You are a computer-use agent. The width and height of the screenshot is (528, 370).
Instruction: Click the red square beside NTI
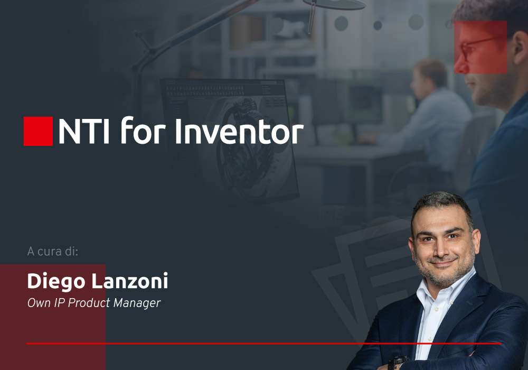click(38, 131)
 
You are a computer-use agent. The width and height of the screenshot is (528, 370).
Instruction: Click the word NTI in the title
click(83, 131)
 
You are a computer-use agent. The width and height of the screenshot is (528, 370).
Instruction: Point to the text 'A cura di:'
click(52, 252)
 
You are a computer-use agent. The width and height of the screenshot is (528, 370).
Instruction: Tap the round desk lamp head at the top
click(338, 5)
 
